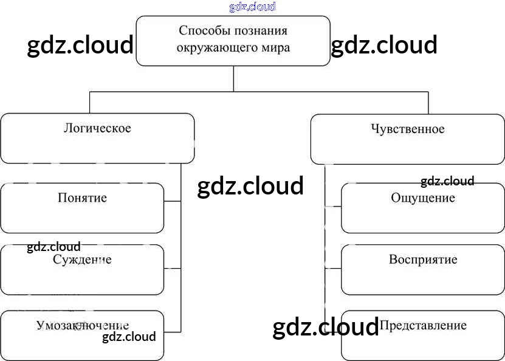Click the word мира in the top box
[275, 47]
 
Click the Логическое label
[97, 128]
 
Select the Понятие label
[82, 198]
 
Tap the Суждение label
[82, 260]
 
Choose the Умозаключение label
[83, 325]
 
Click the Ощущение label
[423, 198]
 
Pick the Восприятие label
[423, 260]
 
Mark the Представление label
[423, 325]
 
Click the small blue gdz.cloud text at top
[253, 7]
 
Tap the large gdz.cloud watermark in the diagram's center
[250, 186]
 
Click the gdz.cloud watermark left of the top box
[80, 45]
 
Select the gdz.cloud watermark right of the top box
[384, 45]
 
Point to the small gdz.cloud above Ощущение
[447, 181]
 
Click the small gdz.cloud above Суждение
[53, 247]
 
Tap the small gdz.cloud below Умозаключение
[129, 337]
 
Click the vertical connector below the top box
[234, 78]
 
